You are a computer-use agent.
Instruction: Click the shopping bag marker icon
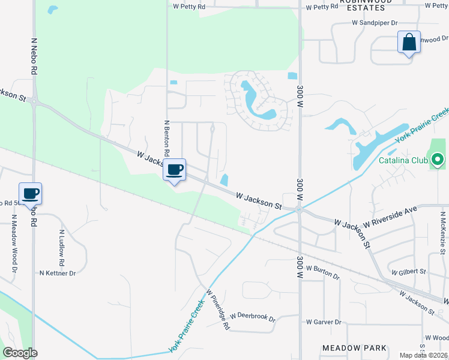pyautogui.click(x=409, y=43)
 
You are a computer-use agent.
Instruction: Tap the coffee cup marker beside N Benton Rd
pyautogui.click(x=175, y=170)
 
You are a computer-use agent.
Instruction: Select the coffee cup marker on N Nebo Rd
pyautogui.click(x=31, y=194)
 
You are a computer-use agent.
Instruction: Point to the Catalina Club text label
pyautogui.click(x=403, y=160)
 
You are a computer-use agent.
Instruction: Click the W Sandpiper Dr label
pyautogui.click(x=375, y=23)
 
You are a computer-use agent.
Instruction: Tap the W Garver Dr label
pyautogui.click(x=324, y=322)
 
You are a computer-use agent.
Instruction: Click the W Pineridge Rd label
pyautogui.click(x=218, y=310)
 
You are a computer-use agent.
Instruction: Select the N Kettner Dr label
pyautogui.click(x=58, y=273)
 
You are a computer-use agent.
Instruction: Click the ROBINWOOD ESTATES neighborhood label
pyautogui.click(x=362, y=5)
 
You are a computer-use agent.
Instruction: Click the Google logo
pyautogui.click(x=19, y=353)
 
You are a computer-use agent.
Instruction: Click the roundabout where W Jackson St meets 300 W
pyautogui.click(x=298, y=209)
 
